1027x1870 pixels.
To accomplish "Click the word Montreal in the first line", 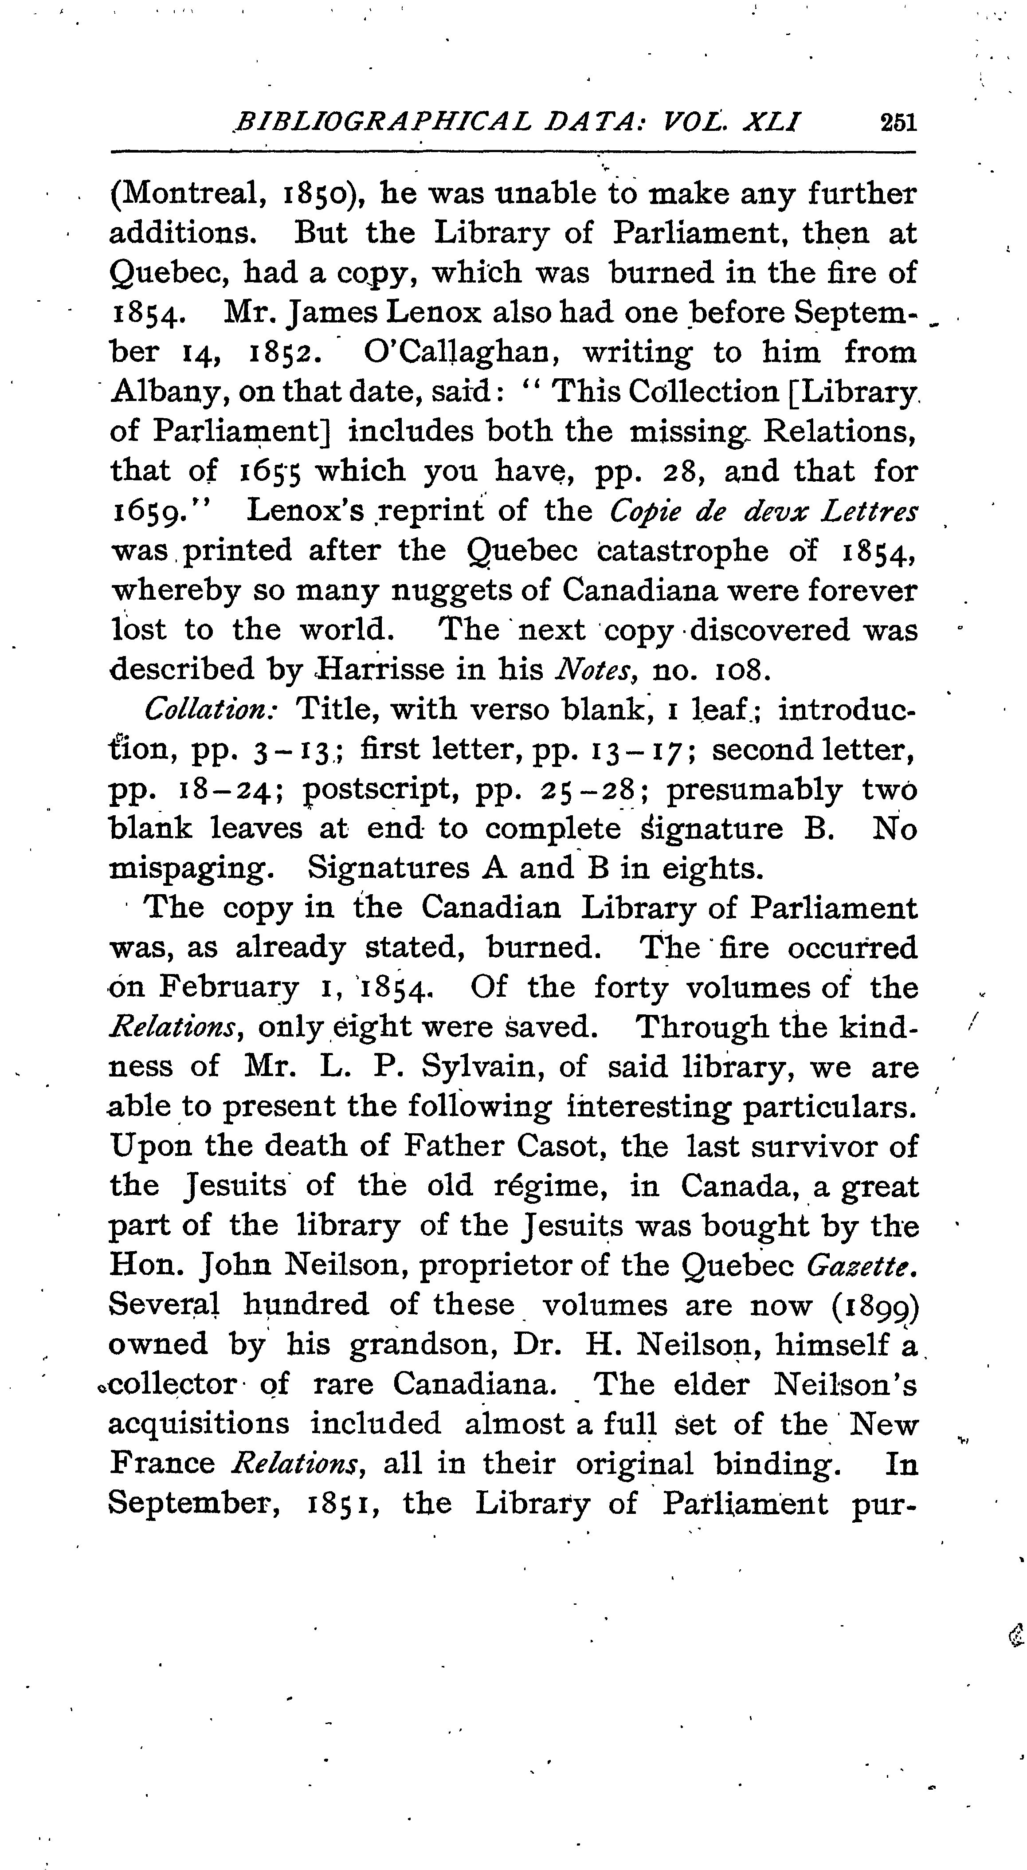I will pos(189,195).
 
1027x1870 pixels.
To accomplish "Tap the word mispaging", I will pos(191,868).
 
